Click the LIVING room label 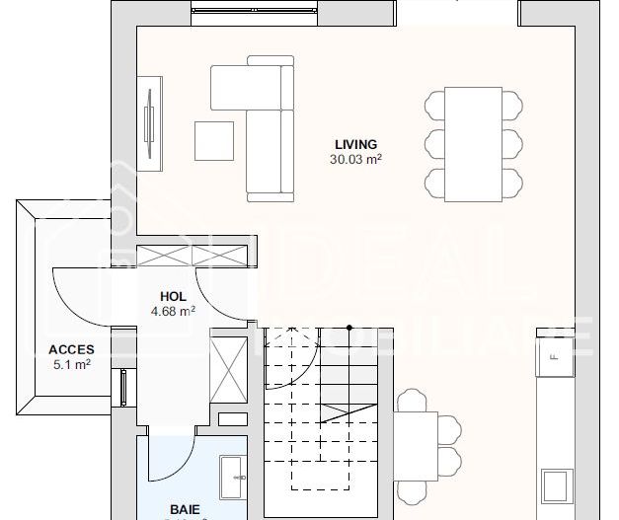[355, 145]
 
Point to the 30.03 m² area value [356, 159]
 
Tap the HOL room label [173, 296]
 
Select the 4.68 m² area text [173, 311]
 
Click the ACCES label [71, 349]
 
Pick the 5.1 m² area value [71, 364]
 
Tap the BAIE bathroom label [185, 510]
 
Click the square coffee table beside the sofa [213, 140]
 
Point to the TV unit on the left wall [150, 121]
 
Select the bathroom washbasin [233, 477]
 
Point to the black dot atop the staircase [349, 328]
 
